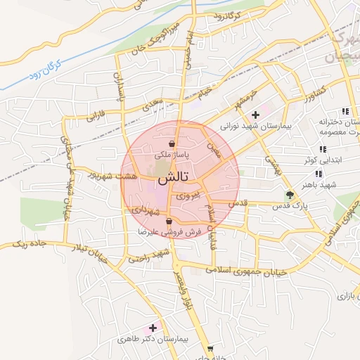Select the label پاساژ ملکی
click(x=172, y=153)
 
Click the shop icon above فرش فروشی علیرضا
click(x=168, y=221)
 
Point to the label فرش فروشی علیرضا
click(x=169, y=231)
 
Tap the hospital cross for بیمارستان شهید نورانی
click(x=255, y=112)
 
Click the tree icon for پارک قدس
click(x=289, y=195)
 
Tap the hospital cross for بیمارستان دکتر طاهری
click(x=153, y=328)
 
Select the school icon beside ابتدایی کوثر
click(x=323, y=149)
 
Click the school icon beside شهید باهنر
click(x=319, y=174)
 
